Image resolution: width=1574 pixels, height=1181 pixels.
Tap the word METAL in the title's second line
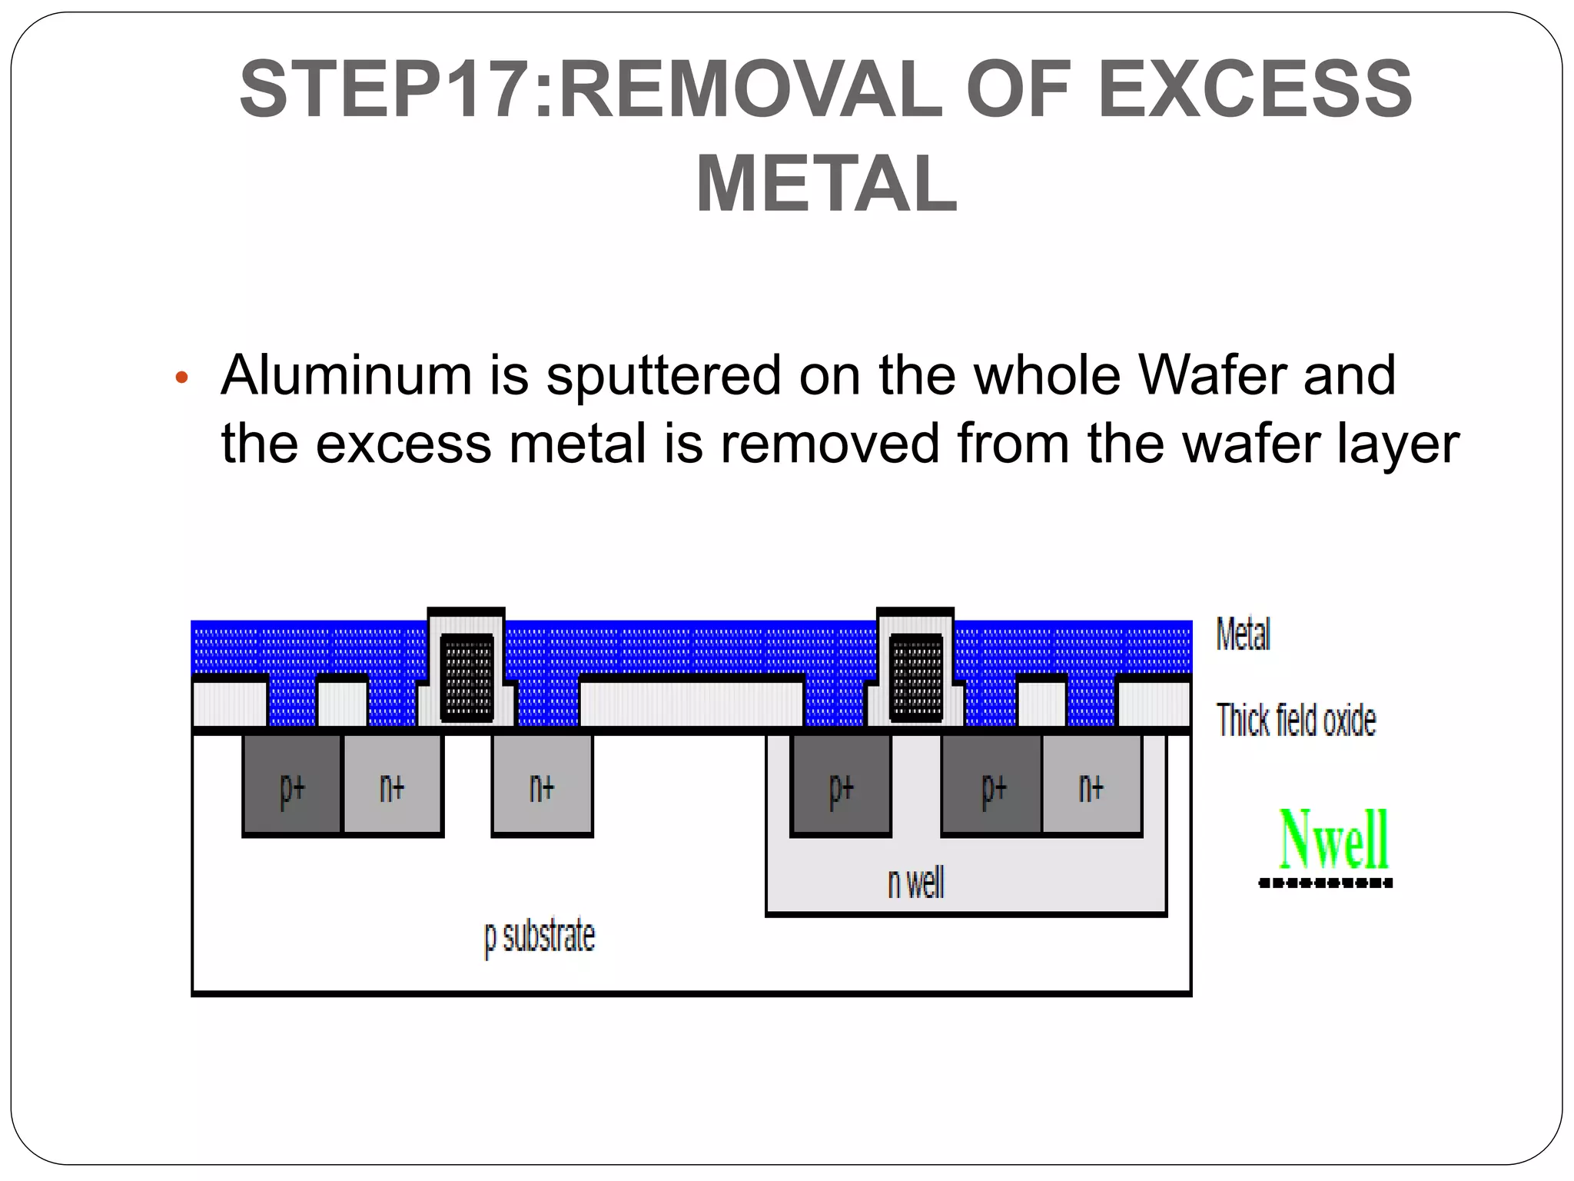pyautogui.click(x=826, y=185)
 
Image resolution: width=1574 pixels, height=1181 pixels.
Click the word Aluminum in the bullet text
pyautogui.click(x=346, y=375)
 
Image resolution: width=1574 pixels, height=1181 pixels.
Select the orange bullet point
pyautogui.click(x=181, y=378)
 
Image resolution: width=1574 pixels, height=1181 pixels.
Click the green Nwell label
pyautogui.click(x=1333, y=840)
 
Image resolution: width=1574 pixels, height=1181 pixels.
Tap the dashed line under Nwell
pyautogui.click(x=1325, y=883)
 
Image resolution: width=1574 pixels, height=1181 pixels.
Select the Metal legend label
pyautogui.click(x=1243, y=634)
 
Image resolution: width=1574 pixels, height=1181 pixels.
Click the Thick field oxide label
pyautogui.click(x=1296, y=720)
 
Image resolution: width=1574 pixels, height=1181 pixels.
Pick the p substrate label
pyautogui.click(x=539, y=936)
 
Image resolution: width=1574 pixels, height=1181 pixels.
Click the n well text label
pyautogui.click(x=915, y=883)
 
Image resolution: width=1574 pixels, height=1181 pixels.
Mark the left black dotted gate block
pyautogui.click(x=467, y=677)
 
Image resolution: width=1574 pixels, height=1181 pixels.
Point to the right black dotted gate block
pyautogui.click(x=916, y=677)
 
